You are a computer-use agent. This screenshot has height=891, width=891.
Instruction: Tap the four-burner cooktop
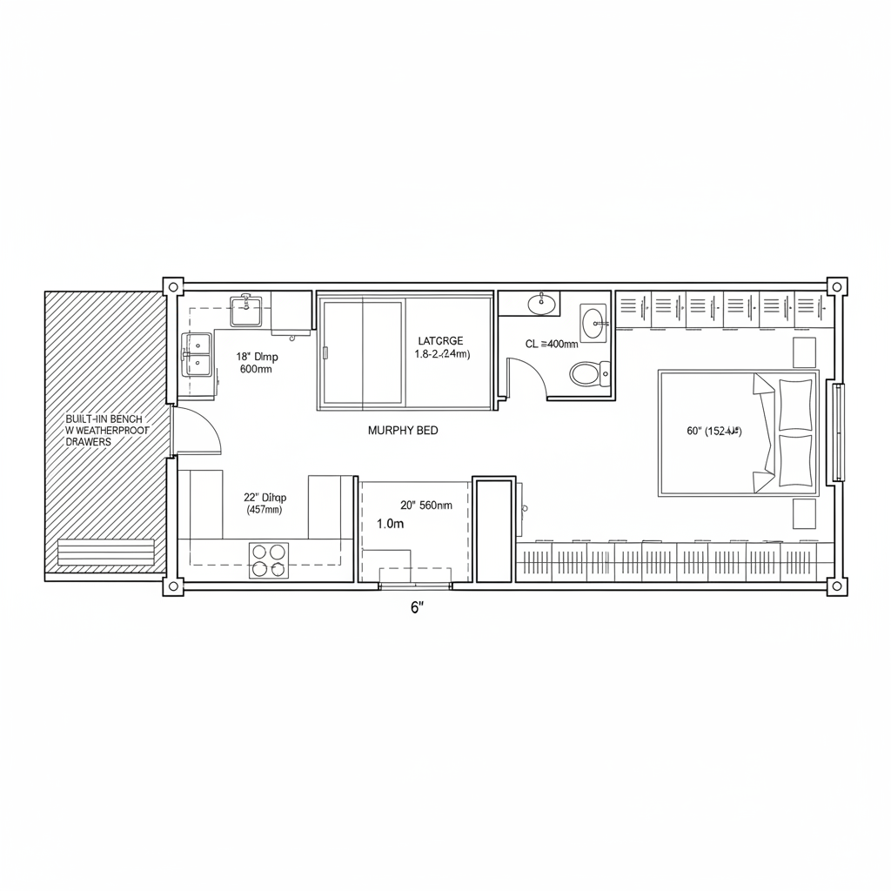269,559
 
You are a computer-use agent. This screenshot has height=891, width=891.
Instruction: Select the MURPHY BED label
403,430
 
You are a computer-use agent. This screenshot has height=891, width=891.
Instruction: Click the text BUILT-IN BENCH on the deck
104,419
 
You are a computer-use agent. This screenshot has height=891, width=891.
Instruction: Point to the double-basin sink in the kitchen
197,354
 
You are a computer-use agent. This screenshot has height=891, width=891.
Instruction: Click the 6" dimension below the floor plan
416,607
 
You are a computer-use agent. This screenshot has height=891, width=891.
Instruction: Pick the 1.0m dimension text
391,524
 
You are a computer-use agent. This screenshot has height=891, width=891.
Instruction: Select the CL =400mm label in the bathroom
552,344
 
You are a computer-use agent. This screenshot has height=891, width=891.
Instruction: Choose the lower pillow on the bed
794,460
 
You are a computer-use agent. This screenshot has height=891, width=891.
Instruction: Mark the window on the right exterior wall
838,432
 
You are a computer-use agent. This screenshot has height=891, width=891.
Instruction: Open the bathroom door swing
527,380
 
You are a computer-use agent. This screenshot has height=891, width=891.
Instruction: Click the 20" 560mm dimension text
425,505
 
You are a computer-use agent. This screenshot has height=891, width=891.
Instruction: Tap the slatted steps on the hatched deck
105,553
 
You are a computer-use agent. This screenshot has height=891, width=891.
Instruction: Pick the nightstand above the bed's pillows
804,352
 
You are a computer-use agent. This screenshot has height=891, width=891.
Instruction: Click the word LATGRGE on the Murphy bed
440,341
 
